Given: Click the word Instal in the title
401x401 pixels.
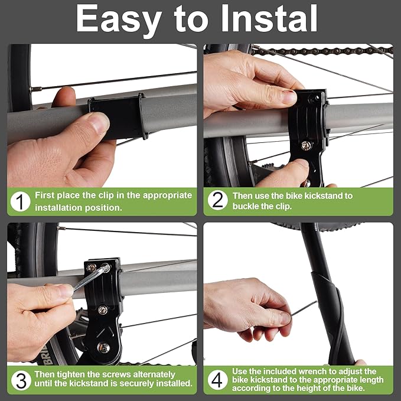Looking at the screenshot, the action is coord(269,18).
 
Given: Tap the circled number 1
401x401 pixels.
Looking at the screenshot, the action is coord(21,202).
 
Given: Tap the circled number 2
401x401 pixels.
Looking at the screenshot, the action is coord(218,200).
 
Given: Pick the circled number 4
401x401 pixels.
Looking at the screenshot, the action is coord(217,380).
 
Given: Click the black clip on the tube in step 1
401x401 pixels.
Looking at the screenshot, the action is coord(118,116).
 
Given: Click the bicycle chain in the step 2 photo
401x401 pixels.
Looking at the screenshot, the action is coord(322,51).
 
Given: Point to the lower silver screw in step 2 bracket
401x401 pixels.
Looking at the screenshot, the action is coord(306,145).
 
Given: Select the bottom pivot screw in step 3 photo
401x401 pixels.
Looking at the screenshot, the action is coord(103,347).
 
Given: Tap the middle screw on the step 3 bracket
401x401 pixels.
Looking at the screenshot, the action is coord(103,310).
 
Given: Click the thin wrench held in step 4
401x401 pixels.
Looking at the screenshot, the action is coord(304,308).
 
